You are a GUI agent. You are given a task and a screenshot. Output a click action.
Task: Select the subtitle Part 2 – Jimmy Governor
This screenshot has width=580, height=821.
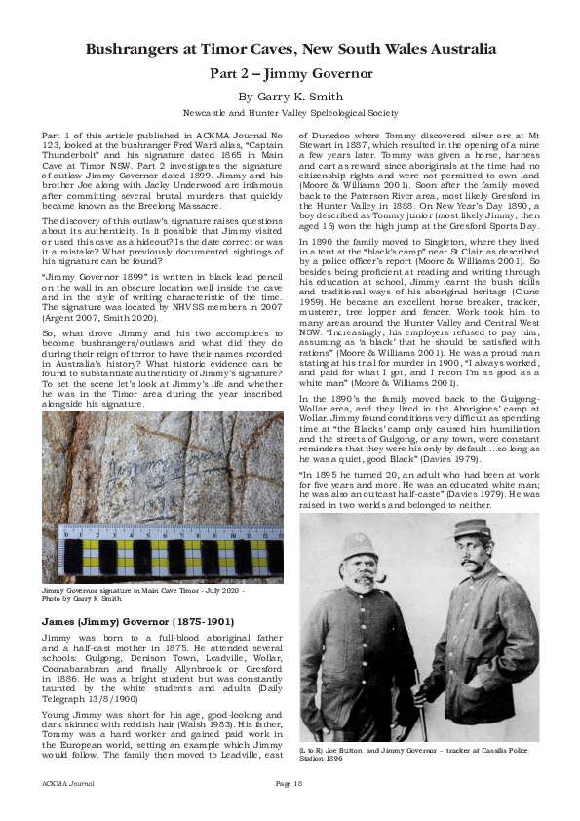pos(290,73)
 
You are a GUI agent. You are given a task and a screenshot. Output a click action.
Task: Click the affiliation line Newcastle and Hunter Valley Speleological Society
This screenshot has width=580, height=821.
pos(290,112)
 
